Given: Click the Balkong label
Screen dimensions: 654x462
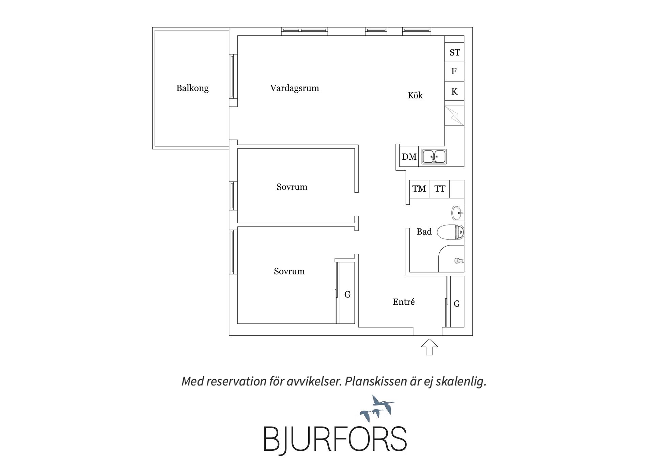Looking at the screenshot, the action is coord(192,88).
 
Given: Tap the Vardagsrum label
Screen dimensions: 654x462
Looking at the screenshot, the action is coord(295,88).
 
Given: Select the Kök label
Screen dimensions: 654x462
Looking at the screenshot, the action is coord(415,95).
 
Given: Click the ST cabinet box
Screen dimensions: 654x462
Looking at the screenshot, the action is coord(454,52).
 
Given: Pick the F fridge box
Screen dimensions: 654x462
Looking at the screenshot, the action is coord(454,71).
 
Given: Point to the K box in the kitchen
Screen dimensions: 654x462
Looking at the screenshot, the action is coord(454,91).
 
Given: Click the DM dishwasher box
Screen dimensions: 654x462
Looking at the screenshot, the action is coord(409,157).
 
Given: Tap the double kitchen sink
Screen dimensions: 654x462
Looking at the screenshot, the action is coord(434,157).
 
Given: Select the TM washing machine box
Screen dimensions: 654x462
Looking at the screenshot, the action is coord(419,189).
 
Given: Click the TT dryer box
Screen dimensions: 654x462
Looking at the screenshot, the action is coord(439,189).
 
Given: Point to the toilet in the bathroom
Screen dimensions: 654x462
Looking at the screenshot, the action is coord(450,233).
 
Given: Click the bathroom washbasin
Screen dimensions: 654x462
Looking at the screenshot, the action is coord(457,213).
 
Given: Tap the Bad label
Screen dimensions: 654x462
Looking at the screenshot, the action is coord(424,232).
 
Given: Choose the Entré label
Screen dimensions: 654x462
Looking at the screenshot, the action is coord(404,302).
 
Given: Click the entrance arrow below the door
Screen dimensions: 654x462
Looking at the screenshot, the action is coord(429,347).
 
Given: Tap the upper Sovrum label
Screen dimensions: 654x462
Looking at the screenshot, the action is coord(292,187).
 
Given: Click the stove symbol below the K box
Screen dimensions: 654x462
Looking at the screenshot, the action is coord(454,116).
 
